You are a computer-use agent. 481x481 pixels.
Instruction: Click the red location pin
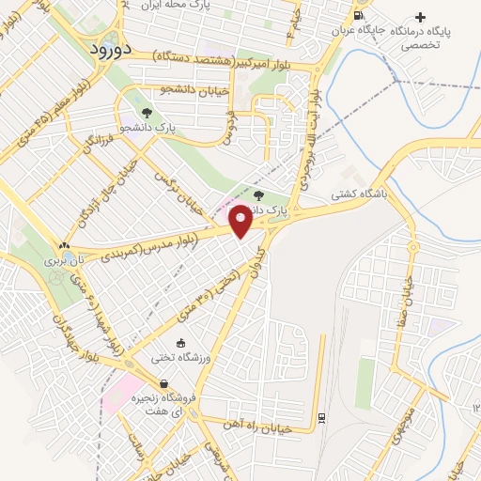click(241, 223)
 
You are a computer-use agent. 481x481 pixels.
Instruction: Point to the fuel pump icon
click(357, 16)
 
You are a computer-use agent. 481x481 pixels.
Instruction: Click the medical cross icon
click(420, 17)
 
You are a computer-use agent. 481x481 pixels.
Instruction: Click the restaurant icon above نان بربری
click(66, 243)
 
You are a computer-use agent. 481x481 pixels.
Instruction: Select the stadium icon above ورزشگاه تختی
click(182, 344)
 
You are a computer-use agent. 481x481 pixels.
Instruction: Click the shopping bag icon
click(164, 383)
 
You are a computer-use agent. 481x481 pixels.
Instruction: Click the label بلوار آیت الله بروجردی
click(314, 132)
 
